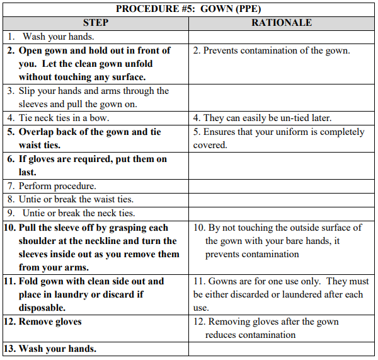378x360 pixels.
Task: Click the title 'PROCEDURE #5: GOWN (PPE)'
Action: (x=188, y=9)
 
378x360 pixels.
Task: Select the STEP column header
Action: (x=95, y=23)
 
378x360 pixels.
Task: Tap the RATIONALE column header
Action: (x=282, y=23)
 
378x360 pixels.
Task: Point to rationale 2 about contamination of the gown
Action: (x=272, y=50)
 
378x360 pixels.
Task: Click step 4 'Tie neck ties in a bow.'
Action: (x=59, y=118)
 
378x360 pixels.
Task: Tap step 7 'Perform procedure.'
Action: (x=52, y=186)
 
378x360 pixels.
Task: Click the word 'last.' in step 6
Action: (x=28, y=172)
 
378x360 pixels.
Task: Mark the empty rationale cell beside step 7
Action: (x=282, y=186)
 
